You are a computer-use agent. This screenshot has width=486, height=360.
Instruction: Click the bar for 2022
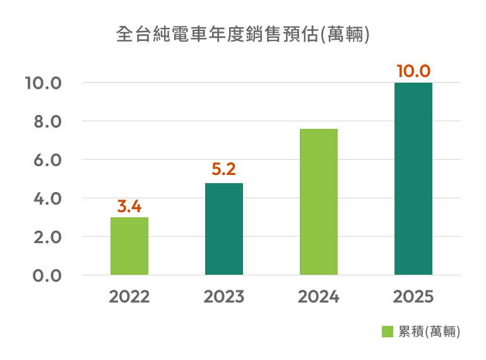point(129,246)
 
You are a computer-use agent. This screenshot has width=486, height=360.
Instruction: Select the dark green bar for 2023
point(224,229)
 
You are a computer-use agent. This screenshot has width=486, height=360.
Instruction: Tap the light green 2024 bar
point(319,201)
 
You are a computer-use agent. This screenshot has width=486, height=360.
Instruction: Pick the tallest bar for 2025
point(413,179)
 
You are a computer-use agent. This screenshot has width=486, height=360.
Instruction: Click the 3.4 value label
point(129,206)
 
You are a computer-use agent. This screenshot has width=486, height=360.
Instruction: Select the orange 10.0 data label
point(413,71)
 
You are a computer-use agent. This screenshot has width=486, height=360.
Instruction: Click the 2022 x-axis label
point(129,297)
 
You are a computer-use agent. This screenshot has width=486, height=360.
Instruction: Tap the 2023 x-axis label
point(224,297)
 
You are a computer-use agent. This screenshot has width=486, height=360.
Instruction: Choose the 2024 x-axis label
point(319,297)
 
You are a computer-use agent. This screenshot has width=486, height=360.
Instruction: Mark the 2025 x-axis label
point(413,297)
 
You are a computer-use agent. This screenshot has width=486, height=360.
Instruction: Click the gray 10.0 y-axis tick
point(43,83)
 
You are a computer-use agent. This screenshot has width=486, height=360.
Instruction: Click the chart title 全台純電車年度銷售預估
point(243,34)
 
